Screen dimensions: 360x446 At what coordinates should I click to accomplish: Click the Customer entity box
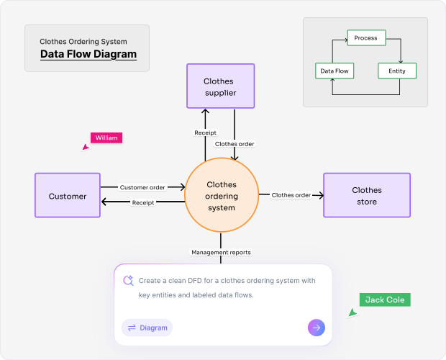tap(68, 196)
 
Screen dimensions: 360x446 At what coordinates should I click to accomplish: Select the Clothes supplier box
tap(219, 87)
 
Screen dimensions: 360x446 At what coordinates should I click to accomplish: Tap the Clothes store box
tap(367, 196)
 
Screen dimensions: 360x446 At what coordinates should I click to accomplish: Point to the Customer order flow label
tap(142, 187)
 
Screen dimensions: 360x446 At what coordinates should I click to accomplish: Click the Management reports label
tap(221, 253)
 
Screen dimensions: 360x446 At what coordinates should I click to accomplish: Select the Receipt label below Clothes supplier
tap(205, 132)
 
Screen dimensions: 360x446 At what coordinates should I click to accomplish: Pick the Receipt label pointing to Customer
tap(143, 202)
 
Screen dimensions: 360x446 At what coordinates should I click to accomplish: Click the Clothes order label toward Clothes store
tap(291, 195)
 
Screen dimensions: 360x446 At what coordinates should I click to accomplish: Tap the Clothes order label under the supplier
tap(235, 143)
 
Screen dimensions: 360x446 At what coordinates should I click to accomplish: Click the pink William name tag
tap(106, 138)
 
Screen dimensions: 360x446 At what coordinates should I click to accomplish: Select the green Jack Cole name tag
tap(385, 300)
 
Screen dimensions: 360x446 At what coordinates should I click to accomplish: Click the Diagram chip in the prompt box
tap(147, 328)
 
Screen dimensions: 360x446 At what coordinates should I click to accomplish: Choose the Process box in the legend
tap(366, 38)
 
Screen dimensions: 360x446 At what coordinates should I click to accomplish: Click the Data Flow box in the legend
tap(334, 71)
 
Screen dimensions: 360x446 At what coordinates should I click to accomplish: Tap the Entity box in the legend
tap(397, 71)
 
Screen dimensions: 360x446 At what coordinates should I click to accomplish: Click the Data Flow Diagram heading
tap(88, 54)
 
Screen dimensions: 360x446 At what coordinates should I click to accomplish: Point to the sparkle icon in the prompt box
tap(128, 281)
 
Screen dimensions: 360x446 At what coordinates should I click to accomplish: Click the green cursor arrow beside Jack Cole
tap(352, 313)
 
